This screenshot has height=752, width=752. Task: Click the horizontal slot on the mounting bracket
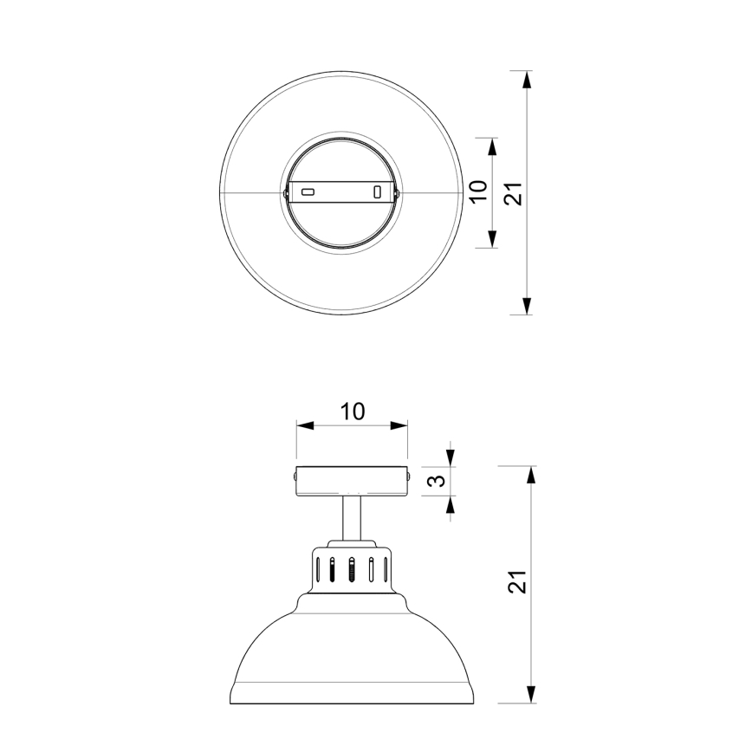pos(308,191)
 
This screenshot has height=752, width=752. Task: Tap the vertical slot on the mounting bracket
pos(377,191)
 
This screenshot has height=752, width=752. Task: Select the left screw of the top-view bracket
pos(287,191)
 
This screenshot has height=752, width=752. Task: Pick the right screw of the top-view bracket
pos(398,191)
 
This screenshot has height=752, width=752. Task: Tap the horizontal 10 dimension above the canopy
pos(352,411)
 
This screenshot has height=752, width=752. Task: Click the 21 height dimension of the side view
pos(516,583)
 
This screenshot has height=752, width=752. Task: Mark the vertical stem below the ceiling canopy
pos(352,518)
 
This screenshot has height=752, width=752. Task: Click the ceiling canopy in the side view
pos(352,481)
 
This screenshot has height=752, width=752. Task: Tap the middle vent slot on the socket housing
pos(352,570)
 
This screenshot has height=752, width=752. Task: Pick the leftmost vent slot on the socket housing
pos(320,571)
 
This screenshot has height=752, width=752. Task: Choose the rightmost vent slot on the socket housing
pos(383,571)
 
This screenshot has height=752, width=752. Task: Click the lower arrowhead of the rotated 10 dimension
pos(492,241)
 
